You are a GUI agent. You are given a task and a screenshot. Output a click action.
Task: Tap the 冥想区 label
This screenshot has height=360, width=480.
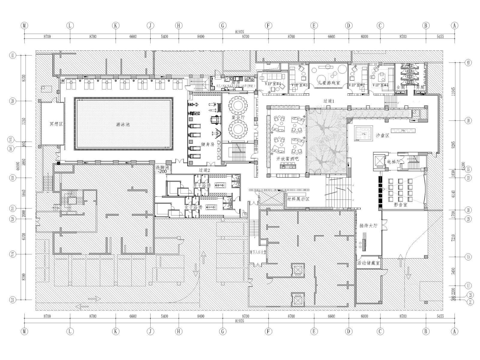point(56,123)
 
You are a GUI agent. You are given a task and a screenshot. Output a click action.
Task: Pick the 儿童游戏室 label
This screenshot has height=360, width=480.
point(329,82)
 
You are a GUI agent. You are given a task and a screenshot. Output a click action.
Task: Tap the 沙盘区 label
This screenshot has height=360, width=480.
point(382,135)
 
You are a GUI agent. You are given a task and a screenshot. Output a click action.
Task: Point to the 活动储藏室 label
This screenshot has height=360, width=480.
point(369,262)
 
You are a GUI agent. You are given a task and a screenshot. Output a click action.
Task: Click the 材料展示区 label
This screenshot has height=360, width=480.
point(298,199)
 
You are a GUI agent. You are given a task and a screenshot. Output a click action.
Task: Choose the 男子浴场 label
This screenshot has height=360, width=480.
point(202,186)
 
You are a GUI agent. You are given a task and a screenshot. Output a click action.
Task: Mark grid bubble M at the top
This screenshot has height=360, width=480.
point(24,26)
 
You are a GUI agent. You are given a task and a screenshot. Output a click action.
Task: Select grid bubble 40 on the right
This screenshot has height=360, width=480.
point(468,63)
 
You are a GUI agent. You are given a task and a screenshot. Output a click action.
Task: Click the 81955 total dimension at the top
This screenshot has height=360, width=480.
point(239,31)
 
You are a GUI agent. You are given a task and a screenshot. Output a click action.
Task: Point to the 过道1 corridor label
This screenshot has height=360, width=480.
point(329,101)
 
